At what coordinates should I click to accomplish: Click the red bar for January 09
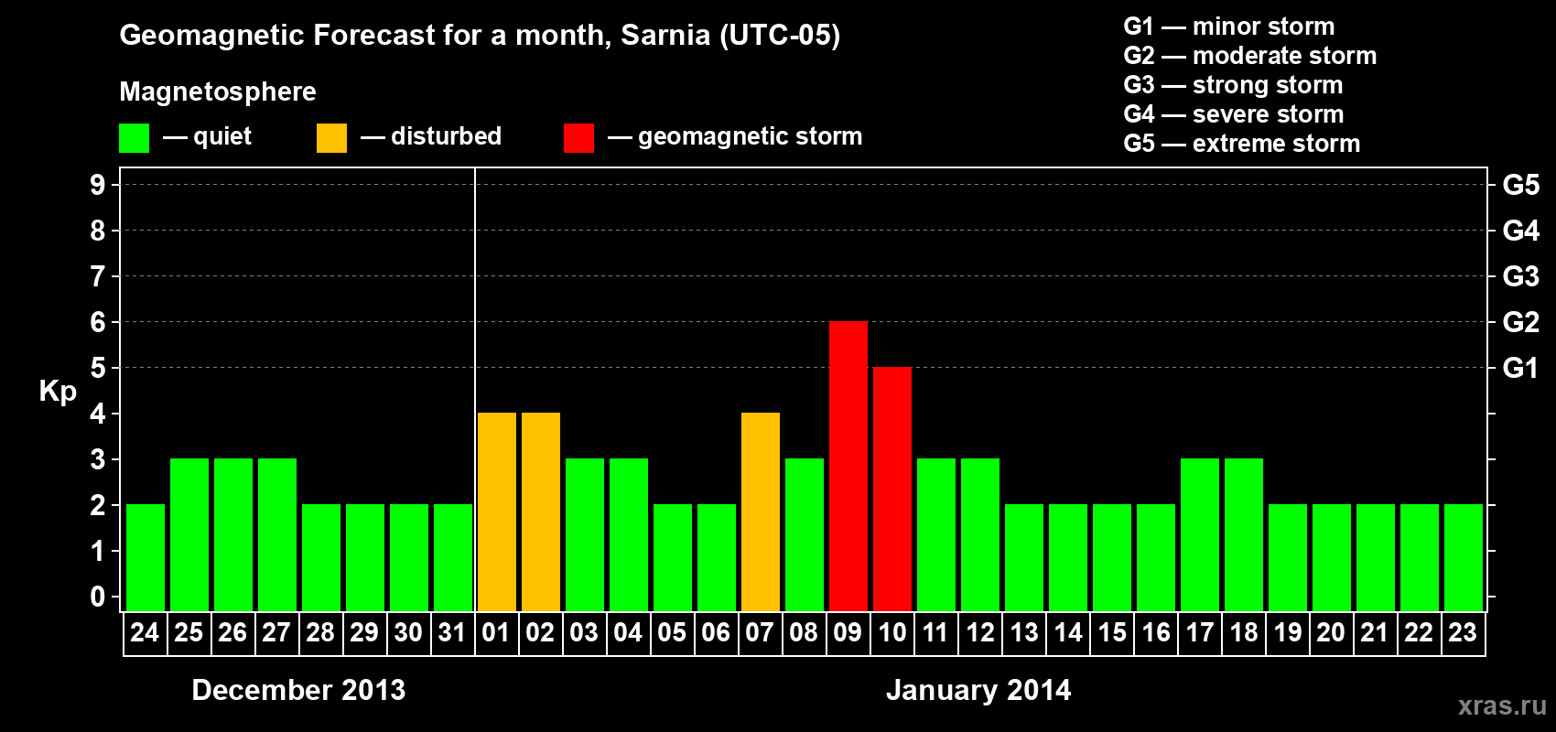[848, 466]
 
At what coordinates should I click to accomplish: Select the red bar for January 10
[891, 489]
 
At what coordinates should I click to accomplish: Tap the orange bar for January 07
[760, 511]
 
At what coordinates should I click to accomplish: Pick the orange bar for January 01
[496, 511]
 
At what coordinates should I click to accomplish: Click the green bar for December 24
[145, 557]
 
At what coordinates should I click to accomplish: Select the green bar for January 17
[1199, 534]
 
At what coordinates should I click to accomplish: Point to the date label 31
[452, 633]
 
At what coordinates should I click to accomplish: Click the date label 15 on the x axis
[1111, 633]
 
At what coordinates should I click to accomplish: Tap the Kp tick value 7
[98, 276]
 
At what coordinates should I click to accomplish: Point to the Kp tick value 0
[98, 597]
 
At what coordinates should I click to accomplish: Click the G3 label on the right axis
[1520, 276]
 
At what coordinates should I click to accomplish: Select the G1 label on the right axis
[1520, 368]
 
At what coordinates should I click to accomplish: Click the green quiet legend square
[134, 138]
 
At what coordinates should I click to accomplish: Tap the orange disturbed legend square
[331, 138]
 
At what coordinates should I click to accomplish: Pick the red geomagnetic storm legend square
[578, 138]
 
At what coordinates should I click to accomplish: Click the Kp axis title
[58, 391]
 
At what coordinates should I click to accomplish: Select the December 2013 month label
[298, 690]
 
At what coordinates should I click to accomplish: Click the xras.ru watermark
[1501, 705]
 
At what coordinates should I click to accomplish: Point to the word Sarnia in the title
[665, 35]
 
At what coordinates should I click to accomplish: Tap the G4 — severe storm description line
[1233, 114]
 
